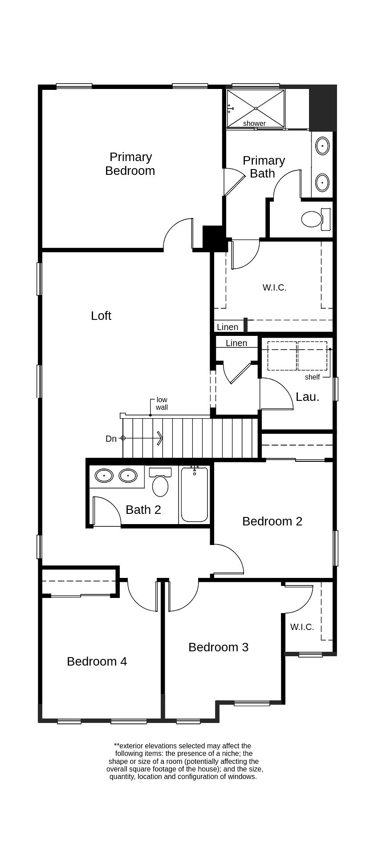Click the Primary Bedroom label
tap(130, 164)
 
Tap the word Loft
tap(101, 315)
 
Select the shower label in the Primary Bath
tap(254, 123)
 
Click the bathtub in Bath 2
tap(195, 494)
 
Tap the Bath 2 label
tap(143, 509)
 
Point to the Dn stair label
tap(111, 439)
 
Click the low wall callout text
tap(162, 404)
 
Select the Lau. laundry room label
tap(308, 396)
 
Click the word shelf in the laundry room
tap(312, 377)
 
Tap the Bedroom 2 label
tap(272, 521)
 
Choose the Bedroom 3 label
tap(218, 647)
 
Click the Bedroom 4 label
tap(97, 661)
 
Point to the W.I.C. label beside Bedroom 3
tap(302, 627)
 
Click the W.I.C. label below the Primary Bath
tap(274, 287)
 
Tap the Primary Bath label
tap(264, 167)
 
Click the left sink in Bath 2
tap(104, 476)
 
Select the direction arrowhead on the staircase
tap(160, 438)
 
